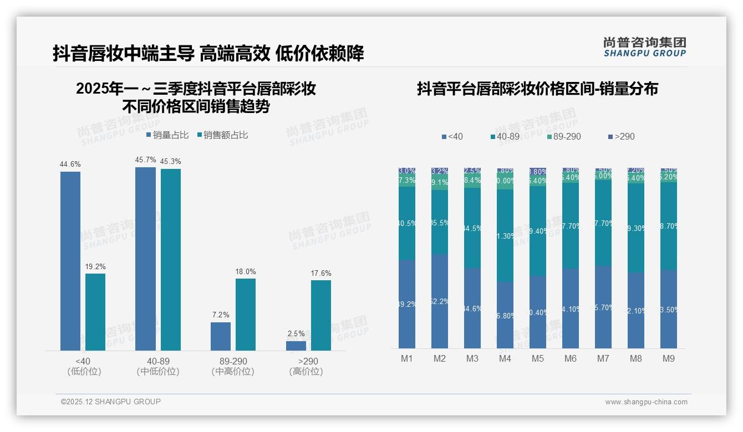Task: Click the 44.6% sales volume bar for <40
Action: (x=70, y=260)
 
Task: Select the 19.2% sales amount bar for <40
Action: (x=95, y=312)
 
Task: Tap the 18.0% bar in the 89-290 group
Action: (x=246, y=314)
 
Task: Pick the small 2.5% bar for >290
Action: (x=296, y=346)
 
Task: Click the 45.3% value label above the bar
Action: (x=171, y=161)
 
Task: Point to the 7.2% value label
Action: (x=221, y=315)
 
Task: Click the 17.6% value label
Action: (x=321, y=273)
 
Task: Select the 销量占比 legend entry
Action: (x=167, y=135)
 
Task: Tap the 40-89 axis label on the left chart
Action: (x=158, y=361)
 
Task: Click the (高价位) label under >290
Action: (x=306, y=372)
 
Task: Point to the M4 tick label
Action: (x=505, y=359)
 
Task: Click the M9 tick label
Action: (x=669, y=359)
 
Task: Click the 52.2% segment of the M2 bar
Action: (x=440, y=301)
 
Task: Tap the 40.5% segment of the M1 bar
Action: (x=407, y=223)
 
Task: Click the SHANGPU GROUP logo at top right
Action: (x=645, y=47)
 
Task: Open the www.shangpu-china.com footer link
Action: (x=646, y=402)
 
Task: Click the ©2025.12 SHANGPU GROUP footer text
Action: (x=111, y=402)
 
